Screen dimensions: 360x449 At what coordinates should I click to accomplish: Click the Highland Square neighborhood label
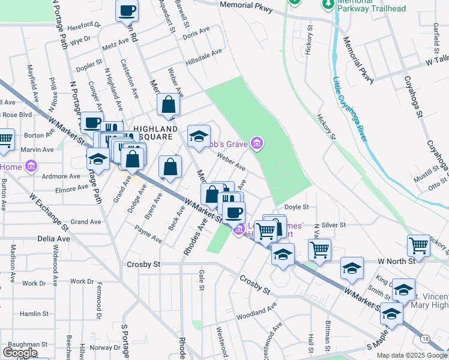tap(155, 133)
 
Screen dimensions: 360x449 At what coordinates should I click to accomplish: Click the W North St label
tap(396, 262)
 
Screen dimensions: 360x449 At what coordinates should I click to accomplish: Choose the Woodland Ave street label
tap(256, 311)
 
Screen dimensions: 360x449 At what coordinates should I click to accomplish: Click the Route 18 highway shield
tap(426, 339)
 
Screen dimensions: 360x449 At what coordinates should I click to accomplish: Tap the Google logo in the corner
tap(20, 353)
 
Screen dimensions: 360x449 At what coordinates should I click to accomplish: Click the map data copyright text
tap(412, 355)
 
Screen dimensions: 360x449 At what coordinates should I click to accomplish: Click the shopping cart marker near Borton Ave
tap(5, 140)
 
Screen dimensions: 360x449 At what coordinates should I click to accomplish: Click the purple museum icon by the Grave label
tap(257, 143)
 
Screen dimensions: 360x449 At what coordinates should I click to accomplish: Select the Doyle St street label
tap(296, 207)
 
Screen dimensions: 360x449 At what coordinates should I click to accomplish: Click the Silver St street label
tap(334, 225)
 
